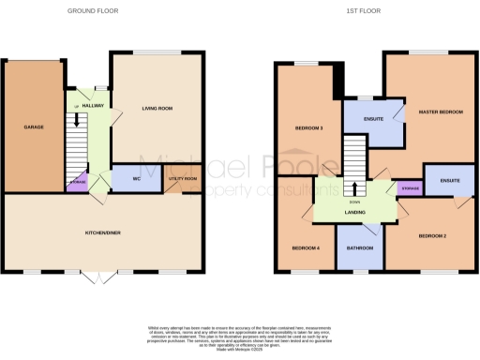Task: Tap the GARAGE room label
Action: pos(35,127)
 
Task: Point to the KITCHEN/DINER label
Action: pos(103,232)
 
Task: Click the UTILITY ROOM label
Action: pos(183,177)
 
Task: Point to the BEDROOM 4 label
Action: pos(305,247)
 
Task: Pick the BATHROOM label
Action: pos(361,247)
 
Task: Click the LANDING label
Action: pos(353,213)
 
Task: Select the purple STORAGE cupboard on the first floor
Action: pos(410,188)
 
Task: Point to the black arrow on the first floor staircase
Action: pos(354,186)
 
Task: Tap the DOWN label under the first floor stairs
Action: pos(354,201)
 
